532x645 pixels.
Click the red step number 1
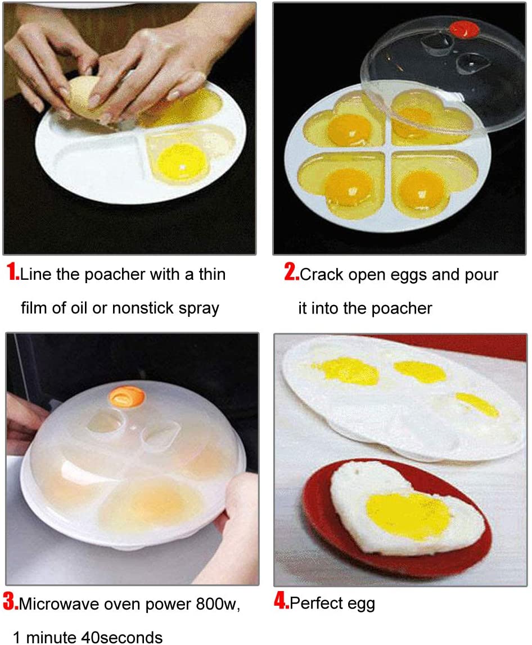pos(13,272)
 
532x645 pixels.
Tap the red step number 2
pos(291,272)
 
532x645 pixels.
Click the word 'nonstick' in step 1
pos(143,308)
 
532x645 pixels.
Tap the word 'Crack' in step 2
pos(322,274)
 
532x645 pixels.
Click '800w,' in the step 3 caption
pos(218,605)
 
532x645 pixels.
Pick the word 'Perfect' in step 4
pos(316,603)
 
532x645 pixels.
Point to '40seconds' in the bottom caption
pos(122,637)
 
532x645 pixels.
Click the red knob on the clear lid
pos(463,29)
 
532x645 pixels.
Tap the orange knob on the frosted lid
pos(127,397)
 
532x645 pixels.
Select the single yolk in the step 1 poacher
pos(182,162)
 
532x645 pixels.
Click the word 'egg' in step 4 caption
pos(361,605)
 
